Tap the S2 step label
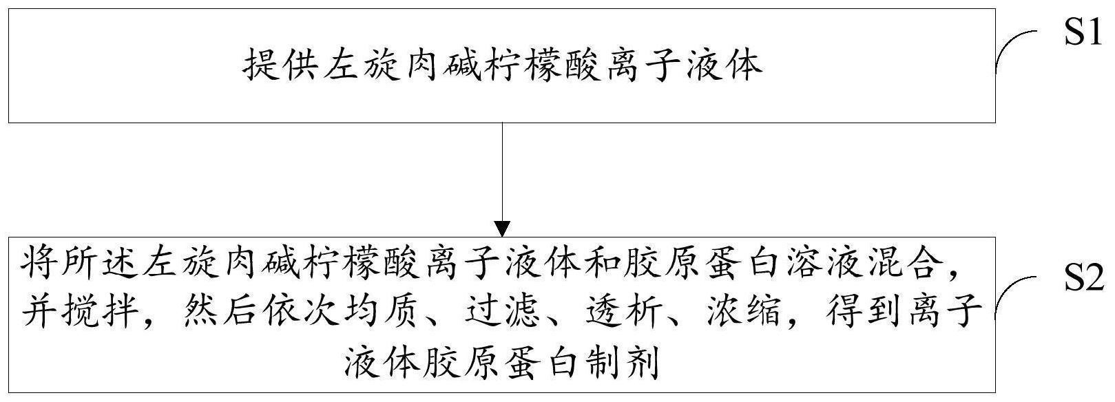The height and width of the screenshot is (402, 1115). tap(1083, 282)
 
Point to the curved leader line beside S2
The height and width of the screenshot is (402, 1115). tap(1016, 295)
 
